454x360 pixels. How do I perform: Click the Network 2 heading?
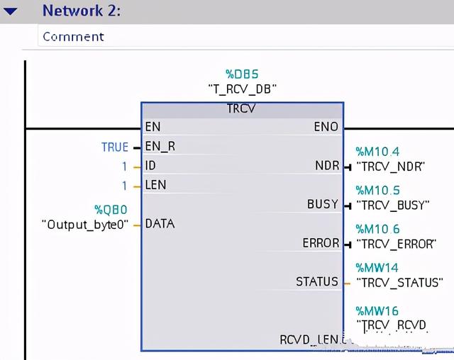(82, 11)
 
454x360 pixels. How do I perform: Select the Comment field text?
(73, 36)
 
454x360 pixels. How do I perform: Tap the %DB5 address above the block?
(242, 74)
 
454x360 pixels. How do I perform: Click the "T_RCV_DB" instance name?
(242, 89)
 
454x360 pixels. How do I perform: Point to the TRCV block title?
(241, 109)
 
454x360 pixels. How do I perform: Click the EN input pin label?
(153, 127)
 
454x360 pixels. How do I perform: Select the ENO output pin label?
(326, 127)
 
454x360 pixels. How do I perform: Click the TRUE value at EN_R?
(115, 147)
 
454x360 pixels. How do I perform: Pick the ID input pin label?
(150, 166)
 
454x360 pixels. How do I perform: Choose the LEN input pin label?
(155, 185)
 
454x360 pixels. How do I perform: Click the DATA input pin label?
(160, 223)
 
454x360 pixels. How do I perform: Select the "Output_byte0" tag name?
(86, 224)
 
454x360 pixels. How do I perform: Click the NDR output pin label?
(327, 166)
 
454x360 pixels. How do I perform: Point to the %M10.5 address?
(377, 191)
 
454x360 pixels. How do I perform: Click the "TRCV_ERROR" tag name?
(395, 244)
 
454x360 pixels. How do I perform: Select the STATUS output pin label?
(317, 281)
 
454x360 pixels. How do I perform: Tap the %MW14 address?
(377, 268)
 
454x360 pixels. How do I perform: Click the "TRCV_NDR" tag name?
(390, 167)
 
